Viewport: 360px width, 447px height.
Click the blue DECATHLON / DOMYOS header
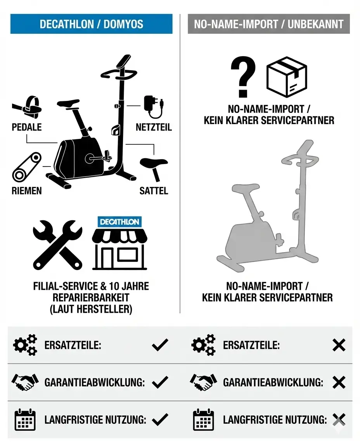click(x=91, y=24)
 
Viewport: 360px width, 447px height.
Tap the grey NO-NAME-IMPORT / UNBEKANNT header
click(x=268, y=24)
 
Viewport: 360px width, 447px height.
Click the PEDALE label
click(x=27, y=127)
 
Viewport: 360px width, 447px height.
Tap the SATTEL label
click(x=154, y=191)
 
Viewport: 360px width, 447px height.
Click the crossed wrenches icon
click(x=57, y=245)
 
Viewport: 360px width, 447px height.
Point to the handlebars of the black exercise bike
click(x=119, y=73)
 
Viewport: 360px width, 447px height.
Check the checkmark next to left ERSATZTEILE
click(x=160, y=345)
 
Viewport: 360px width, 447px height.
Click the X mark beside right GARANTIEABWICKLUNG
click(x=339, y=383)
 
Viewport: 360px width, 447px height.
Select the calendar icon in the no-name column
click(x=203, y=419)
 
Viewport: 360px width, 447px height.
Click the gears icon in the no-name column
click(x=203, y=345)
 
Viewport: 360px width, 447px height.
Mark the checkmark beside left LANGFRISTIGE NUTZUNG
click(x=160, y=419)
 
